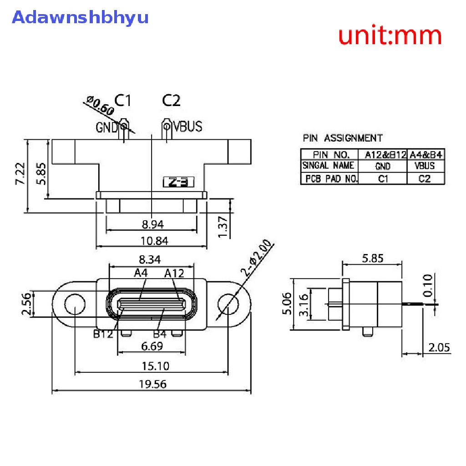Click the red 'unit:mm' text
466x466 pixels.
click(x=390, y=35)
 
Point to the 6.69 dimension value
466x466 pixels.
click(x=152, y=347)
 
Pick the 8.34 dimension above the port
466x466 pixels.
click(x=150, y=260)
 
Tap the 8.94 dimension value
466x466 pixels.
click(x=152, y=224)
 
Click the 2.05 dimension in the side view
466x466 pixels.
click(x=439, y=348)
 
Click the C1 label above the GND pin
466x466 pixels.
click(x=122, y=100)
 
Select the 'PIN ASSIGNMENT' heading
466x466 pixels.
click(x=343, y=138)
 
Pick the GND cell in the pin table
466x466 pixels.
click(x=383, y=167)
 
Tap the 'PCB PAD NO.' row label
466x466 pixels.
click(x=330, y=178)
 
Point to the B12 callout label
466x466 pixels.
click(x=103, y=334)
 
